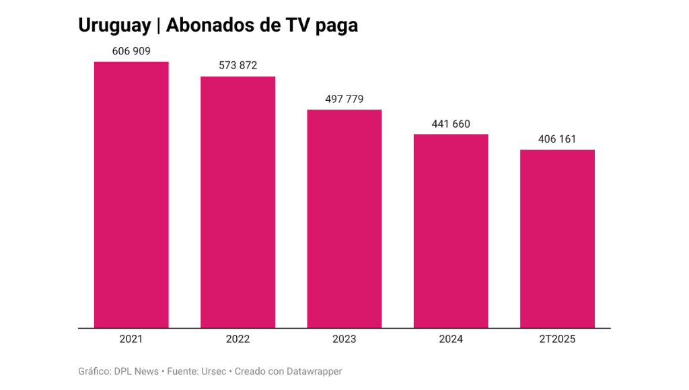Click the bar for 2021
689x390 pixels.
point(131,195)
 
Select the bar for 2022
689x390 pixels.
point(238,202)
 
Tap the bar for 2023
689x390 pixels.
point(344,219)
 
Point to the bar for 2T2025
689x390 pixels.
point(557,239)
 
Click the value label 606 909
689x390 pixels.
point(131,51)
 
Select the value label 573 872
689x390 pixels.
point(238,66)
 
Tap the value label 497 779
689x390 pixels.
point(344,99)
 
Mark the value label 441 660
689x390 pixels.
point(451,124)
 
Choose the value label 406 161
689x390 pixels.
point(557,139)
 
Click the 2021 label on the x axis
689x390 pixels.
point(131,339)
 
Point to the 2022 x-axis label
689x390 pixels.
point(238,339)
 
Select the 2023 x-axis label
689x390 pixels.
point(344,339)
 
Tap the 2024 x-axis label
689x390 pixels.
point(451,339)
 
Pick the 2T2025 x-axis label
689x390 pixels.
point(557,339)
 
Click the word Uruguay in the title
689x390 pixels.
point(114,26)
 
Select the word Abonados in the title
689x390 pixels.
point(207,26)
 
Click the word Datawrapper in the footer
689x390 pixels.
point(314,371)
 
